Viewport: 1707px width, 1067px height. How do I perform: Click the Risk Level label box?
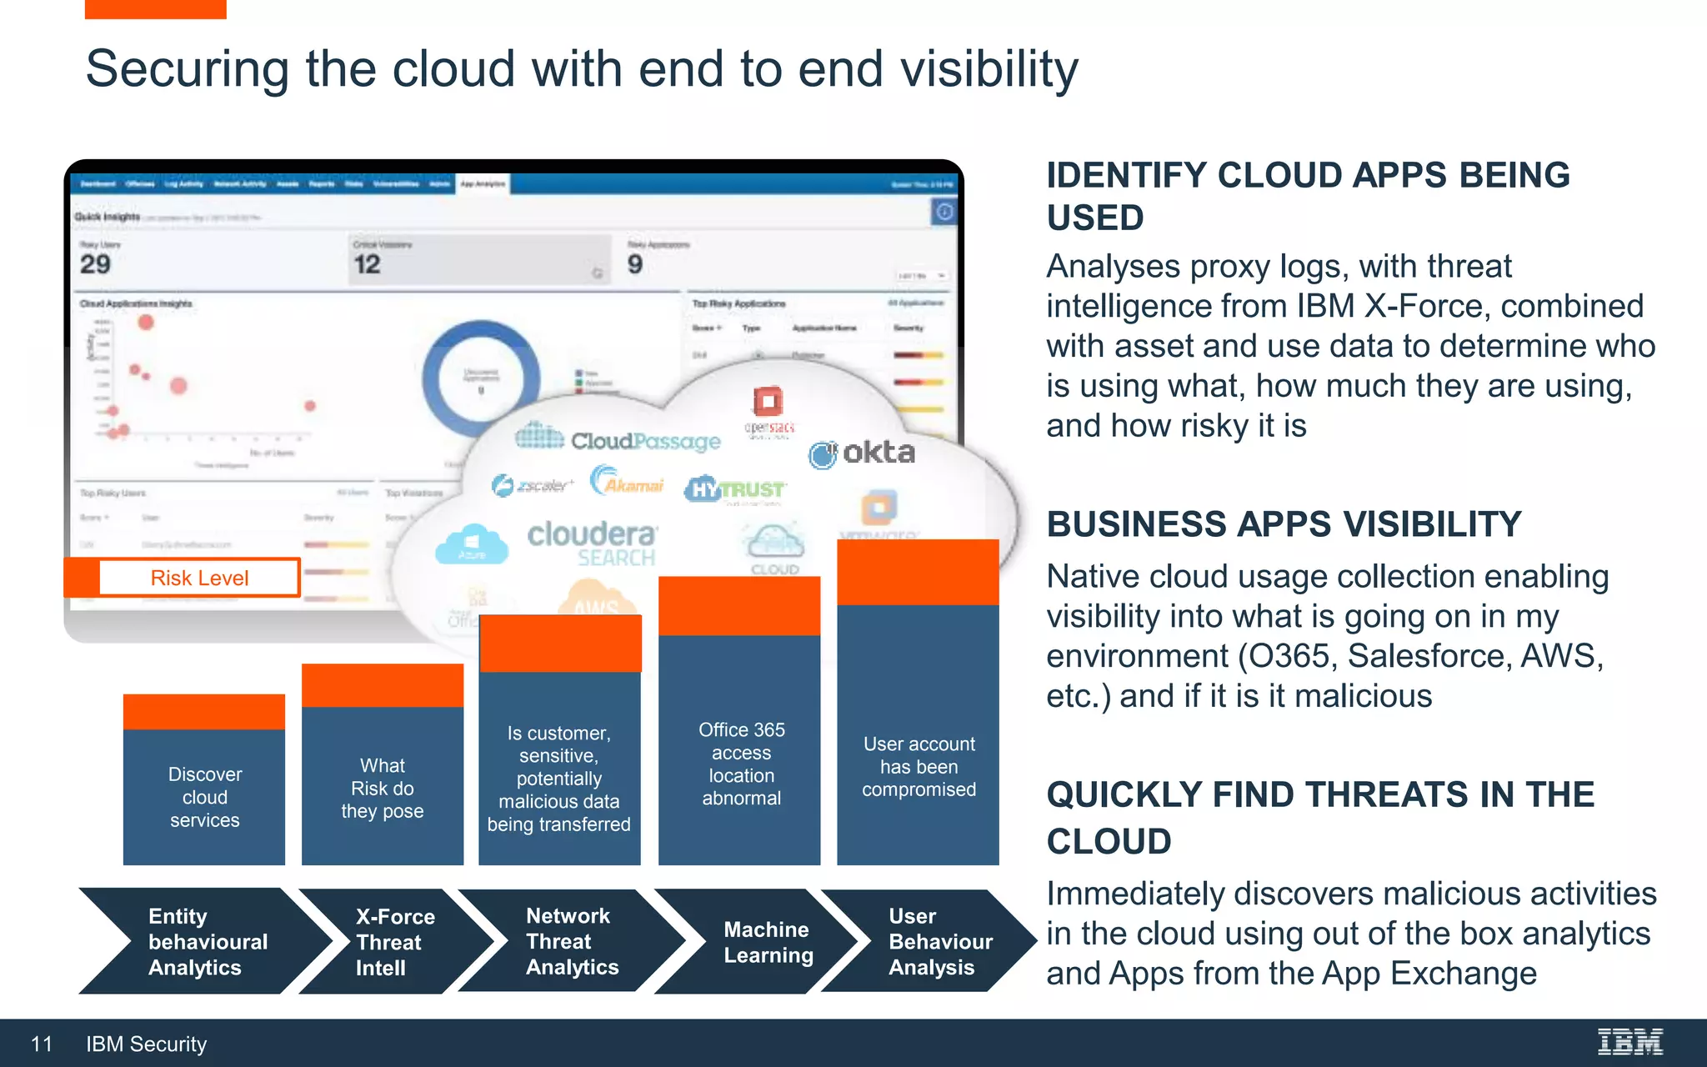tap(199, 578)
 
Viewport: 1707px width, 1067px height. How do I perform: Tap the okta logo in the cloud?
tap(863, 453)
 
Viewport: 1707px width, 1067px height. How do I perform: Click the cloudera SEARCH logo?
tap(592, 543)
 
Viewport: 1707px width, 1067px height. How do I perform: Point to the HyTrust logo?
tap(734, 489)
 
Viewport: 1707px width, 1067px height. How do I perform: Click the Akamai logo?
tap(627, 483)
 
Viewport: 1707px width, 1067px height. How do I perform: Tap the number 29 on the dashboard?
tap(95, 264)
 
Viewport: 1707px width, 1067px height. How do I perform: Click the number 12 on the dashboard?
tap(367, 264)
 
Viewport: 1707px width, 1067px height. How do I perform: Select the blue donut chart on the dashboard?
tap(481, 378)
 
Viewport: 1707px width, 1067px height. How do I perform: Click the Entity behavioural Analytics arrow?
tap(200, 942)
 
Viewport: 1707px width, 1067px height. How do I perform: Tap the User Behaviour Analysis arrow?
tap(938, 942)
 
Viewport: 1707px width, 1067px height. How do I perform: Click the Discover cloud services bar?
tap(204, 796)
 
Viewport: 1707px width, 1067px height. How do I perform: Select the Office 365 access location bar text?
tap(741, 764)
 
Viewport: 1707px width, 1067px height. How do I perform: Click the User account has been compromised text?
tap(919, 766)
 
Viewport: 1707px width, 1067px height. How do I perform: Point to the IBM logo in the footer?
tap(1629, 1042)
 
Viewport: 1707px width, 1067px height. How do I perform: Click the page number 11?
tap(42, 1044)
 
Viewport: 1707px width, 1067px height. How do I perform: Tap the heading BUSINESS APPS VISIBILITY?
tap(1284, 524)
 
